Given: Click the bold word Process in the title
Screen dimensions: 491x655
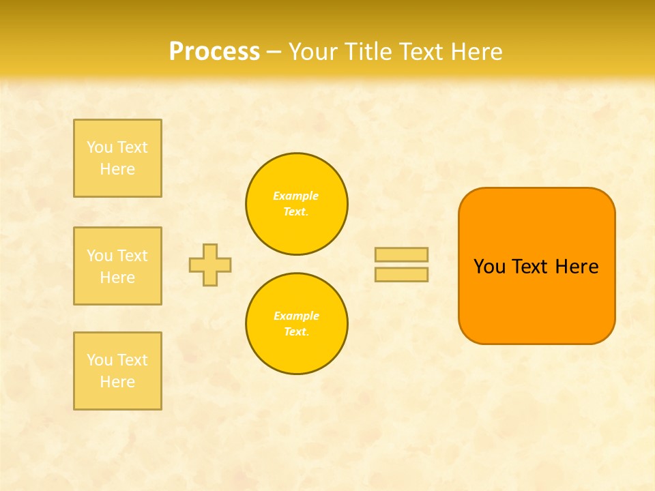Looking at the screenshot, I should pyautogui.click(x=214, y=52).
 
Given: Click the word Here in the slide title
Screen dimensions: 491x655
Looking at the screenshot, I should pyautogui.click(x=477, y=52).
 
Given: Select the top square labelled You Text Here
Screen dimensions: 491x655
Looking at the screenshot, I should pyautogui.click(x=117, y=158).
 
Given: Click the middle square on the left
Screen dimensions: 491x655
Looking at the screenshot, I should pyautogui.click(x=117, y=266).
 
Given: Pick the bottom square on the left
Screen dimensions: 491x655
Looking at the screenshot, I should pyautogui.click(x=117, y=371).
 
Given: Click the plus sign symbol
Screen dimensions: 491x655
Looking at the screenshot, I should pyautogui.click(x=210, y=265).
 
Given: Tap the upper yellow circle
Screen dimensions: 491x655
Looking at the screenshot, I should pyautogui.click(x=297, y=204).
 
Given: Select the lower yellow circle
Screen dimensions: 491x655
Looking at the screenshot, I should pyautogui.click(x=297, y=324).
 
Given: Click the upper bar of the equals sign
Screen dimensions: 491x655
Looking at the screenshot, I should pyautogui.click(x=401, y=254).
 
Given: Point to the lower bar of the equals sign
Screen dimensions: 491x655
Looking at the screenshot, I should pyautogui.click(x=401, y=274).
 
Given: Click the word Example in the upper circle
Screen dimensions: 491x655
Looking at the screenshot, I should pyautogui.click(x=296, y=196).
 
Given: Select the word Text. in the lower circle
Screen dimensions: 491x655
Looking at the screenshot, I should pyautogui.click(x=296, y=332).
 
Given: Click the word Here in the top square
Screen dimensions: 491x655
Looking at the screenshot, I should pyautogui.click(x=117, y=169).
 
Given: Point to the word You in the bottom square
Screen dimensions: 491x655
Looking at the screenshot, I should pyautogui.click(x=100, y=360).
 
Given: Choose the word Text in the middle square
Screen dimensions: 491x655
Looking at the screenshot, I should pyautogui.click(x=132, y=256).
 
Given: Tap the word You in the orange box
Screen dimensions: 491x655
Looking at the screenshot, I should pyautogui.click(x=489, y=267).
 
